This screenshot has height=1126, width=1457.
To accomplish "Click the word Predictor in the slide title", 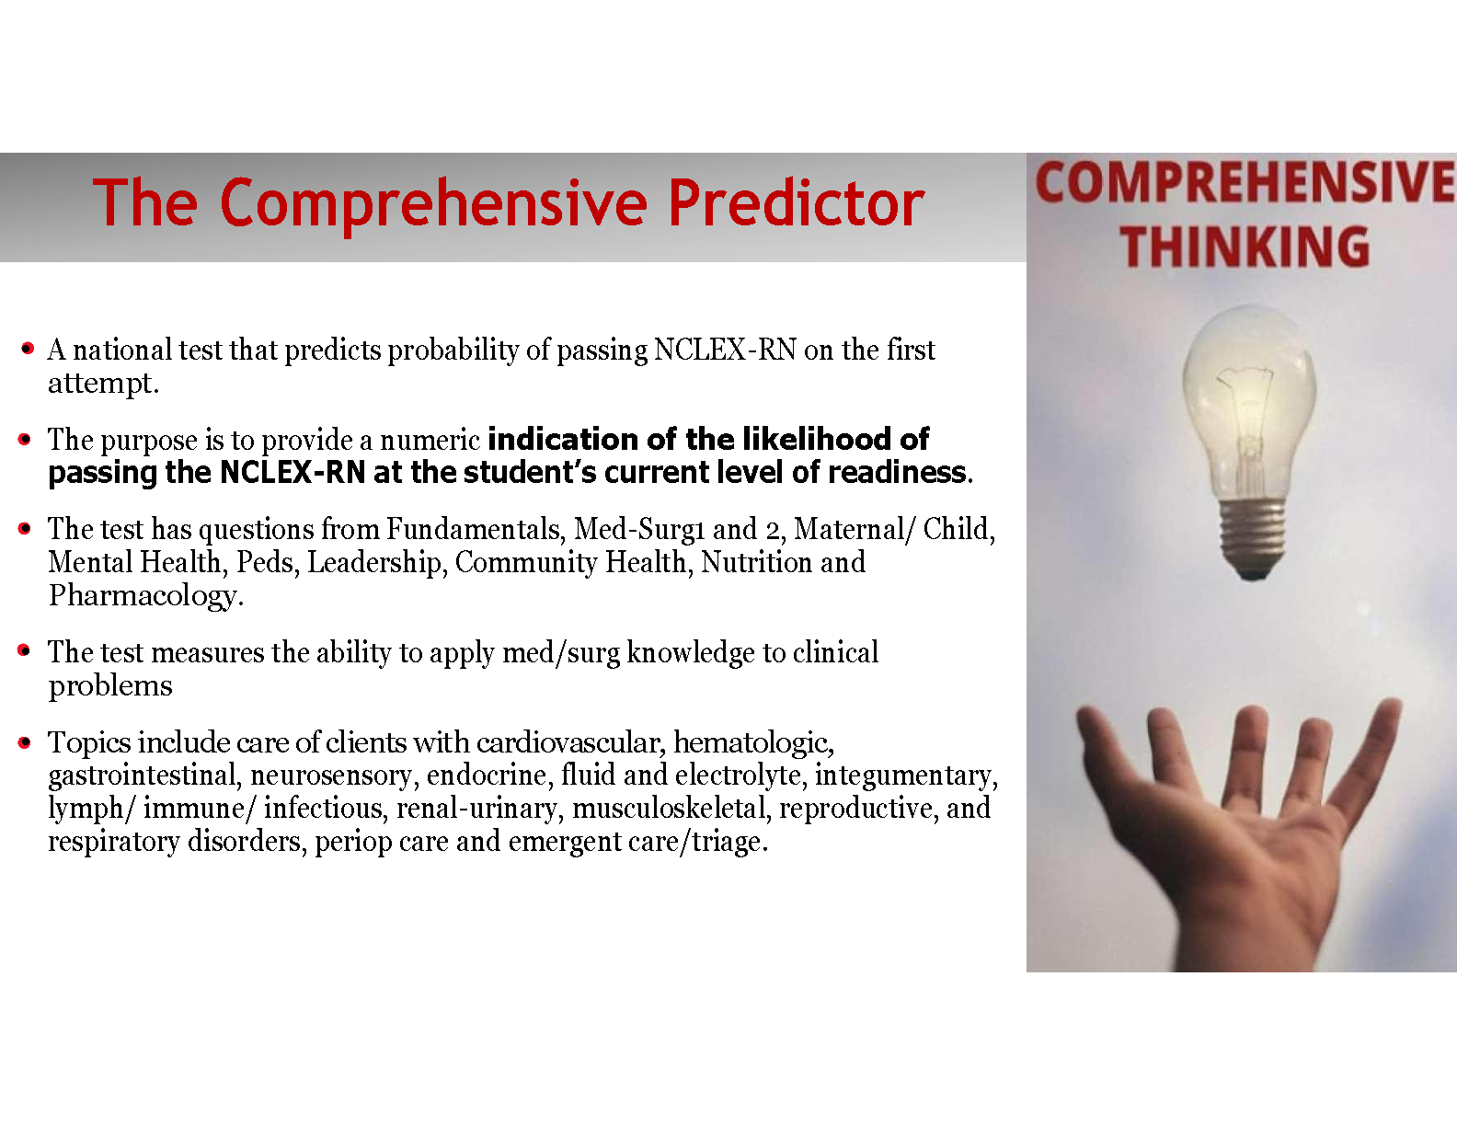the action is pos(796,202).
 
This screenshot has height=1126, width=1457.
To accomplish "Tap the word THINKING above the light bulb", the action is pos(1245,247).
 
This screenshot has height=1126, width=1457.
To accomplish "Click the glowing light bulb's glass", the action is pos(1249,402).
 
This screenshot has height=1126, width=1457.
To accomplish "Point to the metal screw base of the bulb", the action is pos(1253,540).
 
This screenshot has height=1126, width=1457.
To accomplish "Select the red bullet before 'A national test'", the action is pos(28,348).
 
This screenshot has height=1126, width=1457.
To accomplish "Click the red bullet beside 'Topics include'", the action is pos(25,741).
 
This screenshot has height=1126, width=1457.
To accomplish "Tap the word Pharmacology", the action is pos(145,595).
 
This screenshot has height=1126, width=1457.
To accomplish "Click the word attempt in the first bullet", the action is pos(103,384).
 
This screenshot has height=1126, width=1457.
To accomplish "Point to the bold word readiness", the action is pos(900,472).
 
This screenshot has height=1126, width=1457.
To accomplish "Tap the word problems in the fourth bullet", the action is pos(110,686).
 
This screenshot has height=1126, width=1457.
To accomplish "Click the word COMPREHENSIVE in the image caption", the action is pos(1245,182).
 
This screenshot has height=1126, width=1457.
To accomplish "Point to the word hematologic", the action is pos(753,743).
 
